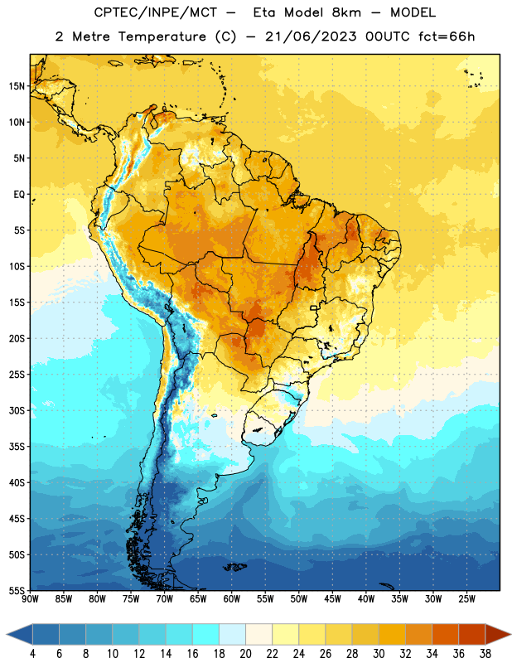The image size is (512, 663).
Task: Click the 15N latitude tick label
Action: (x=17, y=86)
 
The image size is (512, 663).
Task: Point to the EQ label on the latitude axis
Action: (x=19, y=195)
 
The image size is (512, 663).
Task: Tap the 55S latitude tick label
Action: (x=17, y=590)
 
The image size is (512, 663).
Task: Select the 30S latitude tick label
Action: (x=17, y=410)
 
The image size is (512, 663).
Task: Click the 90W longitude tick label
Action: (x=30, y=599)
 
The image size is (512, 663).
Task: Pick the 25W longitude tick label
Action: (x=466, y=599)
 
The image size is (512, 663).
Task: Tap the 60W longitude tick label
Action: (x=232, y=599)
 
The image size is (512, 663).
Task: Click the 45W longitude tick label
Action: (x=333, y=599)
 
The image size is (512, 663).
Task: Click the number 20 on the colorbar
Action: (x=245, y=654)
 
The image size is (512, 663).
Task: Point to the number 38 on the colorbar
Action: (x=485, y=654)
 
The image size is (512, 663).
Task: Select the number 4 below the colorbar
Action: (x=32, y=654)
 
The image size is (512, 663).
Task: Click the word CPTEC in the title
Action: (x=110, y=12)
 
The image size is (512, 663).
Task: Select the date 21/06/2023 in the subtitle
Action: (x=311, y=36)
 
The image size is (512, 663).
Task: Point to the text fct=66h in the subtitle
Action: (x=447, y=36)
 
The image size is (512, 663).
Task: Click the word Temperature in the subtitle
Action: (x=162, y=36)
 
